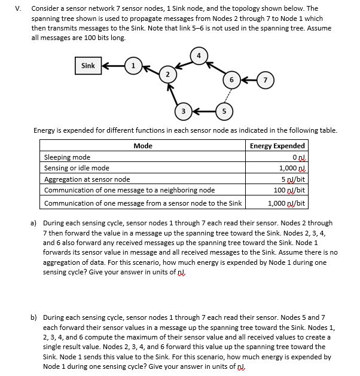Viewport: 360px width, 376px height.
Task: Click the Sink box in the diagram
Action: tap(88, 66)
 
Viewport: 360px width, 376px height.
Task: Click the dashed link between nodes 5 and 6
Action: tap(227, 95)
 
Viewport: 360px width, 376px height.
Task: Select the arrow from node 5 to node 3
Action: tap(204, 111)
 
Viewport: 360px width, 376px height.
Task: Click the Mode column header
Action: tap(142, 145)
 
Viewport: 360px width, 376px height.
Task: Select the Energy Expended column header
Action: tap(277, 145)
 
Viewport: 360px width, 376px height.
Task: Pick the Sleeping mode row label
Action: tap(68, 157)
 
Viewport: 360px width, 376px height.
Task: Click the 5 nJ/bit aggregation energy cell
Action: tap(294, 179)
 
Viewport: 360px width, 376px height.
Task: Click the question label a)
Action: tap(34, 223)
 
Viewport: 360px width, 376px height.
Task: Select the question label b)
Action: tap(34, 317)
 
